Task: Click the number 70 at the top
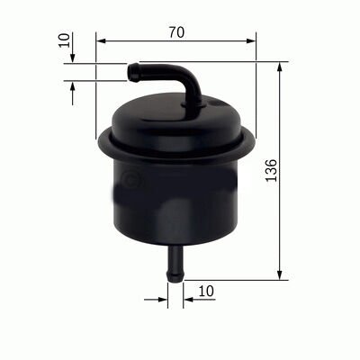click(x=175, y=31)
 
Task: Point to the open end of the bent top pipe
click(x=130, y=67)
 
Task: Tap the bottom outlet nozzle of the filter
click(x=175, y=262)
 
